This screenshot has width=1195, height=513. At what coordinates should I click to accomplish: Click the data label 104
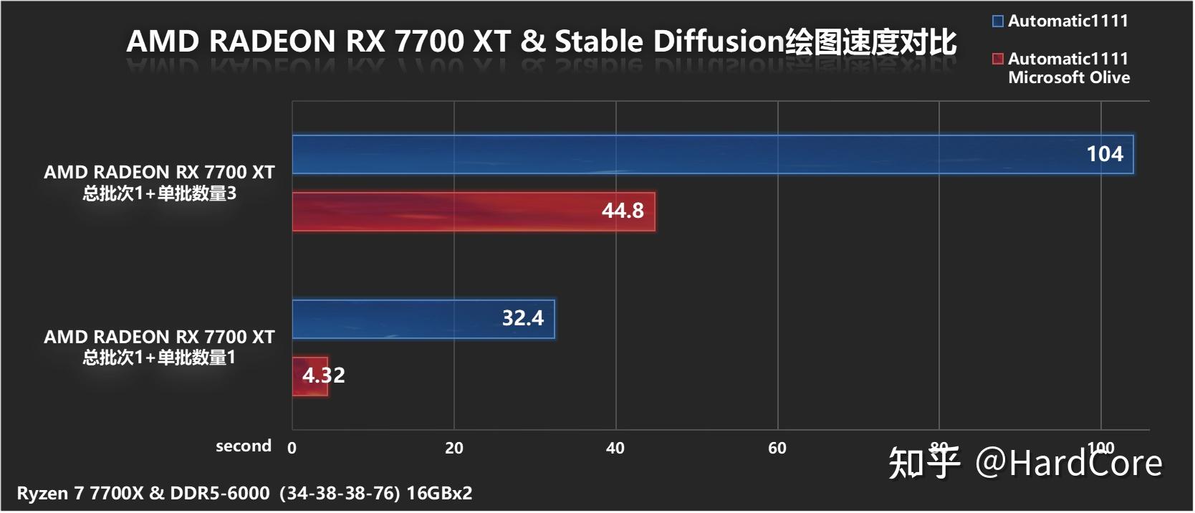click(x=1104, y=154)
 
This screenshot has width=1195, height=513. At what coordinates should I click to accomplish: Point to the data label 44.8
click(x=622, y=211)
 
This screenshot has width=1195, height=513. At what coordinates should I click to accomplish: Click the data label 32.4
click(x=522, y=318)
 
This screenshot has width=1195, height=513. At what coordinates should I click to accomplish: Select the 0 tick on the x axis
click(x=292, y=449)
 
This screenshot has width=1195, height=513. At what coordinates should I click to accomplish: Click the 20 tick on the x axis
click(x=453, y=449)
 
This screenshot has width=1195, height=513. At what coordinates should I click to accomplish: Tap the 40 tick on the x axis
click(x=615, y=449)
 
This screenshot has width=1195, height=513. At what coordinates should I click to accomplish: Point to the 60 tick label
click(x=777, y=449)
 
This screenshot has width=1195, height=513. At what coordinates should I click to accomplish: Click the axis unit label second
click(x=243, y=446)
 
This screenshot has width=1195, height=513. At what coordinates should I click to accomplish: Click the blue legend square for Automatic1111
click(x=997, y=21)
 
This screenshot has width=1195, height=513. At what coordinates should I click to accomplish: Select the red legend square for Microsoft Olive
click(x=997, y=59)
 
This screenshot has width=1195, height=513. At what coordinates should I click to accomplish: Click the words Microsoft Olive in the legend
click(x=1068, y=77)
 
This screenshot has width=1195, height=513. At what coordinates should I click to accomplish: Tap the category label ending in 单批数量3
click(x=159, y=193)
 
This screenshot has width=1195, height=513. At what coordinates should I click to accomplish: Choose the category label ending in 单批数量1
click(x=159, y=358)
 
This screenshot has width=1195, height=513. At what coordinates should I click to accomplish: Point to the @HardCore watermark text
click(x=1068, y=463)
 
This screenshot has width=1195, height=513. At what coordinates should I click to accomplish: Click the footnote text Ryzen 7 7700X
click(x=80, y=494)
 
